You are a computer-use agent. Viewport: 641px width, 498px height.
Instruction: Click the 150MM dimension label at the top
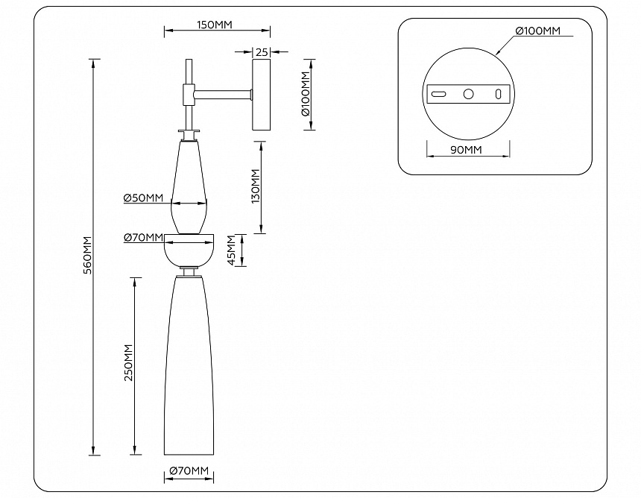pyautogui.click(x=215, y=25)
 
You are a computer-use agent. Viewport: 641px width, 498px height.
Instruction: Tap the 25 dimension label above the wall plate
pyautogui.click(x=262, y=52)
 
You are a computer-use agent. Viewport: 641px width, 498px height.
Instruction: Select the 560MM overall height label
pyautogui.click(x=87, y=256)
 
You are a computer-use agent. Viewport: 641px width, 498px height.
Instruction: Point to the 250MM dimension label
pyautogui.click(x=128, y=364)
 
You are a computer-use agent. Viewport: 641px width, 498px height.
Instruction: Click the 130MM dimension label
pyautogui.click(x=256, y=186)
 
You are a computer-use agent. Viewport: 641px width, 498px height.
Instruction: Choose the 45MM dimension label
pyautogui.click(x=232, y=250)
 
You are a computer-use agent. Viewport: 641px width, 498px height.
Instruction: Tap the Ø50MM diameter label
pyautogui.click(x=144, y=198)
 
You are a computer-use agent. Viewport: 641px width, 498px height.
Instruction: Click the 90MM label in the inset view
pyautogui.click(x=467, y=150)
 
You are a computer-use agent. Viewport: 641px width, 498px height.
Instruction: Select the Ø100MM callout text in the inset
pyautogui.click(x=537, y=31)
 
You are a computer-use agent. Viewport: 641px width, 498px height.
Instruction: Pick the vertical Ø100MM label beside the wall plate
pyautogui.click(x=305, y=95)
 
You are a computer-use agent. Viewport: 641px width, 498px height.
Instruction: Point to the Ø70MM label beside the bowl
pyautogui.click(x=144, y=238)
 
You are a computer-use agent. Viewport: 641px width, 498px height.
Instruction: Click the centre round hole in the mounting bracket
pyautogui.click(x=469, y=94)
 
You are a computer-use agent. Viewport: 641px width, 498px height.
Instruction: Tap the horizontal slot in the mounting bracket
pyautogui.click(x=439, y=94)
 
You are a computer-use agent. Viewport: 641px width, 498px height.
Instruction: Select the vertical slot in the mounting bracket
pyautogui.click(x=498, y=94)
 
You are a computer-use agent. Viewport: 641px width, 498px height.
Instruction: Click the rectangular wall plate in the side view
pyautogui.click(x=262, y=96)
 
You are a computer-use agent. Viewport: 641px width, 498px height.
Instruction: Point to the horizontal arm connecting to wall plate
pyautogui.click(x=224, y=94)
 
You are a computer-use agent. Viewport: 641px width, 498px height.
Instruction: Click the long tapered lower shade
pyautogui.click(x=189, y=373)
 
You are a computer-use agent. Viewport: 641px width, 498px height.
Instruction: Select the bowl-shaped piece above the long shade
pyautogui.click(x=189, y=250)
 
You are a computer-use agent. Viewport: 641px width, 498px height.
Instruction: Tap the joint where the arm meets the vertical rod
pyautogui.click(x=189, y=94)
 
